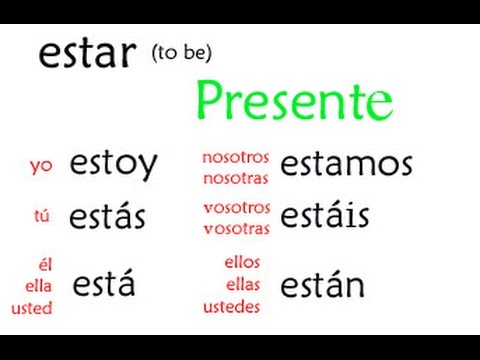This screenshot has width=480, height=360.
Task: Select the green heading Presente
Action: coord(294,100)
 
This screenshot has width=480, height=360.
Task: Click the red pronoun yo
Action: coord(42,166)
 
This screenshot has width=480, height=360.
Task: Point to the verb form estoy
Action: coord(113,165)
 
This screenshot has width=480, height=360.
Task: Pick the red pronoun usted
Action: coord(32,308)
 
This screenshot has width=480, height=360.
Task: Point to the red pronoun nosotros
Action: coord(236,157)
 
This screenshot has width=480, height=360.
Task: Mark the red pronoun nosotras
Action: coord(236,176)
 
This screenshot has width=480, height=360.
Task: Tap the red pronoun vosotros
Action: coord(236,207)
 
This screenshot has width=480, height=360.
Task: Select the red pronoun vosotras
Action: coord(236,228)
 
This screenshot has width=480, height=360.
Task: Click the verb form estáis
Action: coord(325,215)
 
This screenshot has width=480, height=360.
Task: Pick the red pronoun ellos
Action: coord(243,264)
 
